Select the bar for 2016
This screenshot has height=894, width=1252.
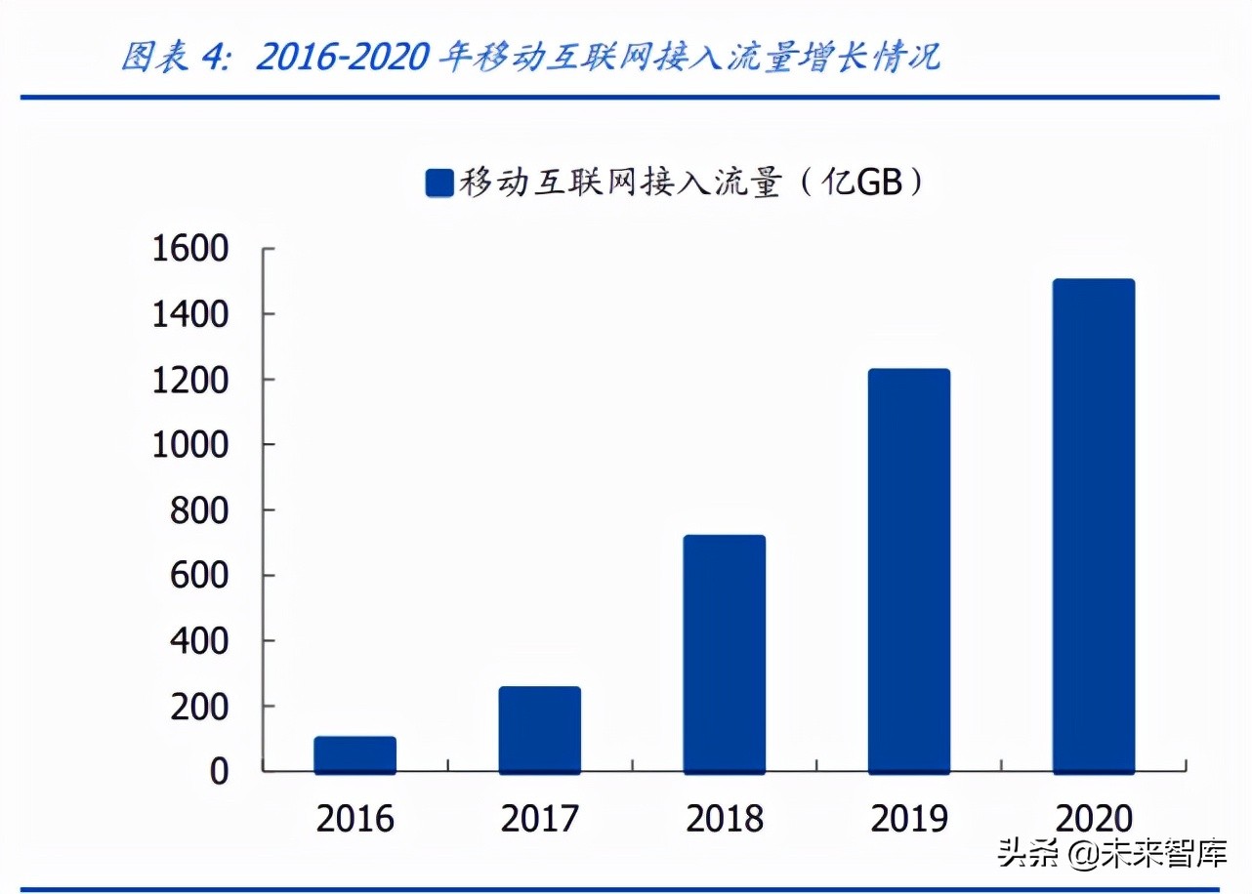tap(355, 755)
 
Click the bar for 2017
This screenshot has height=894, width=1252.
tap(540, 730)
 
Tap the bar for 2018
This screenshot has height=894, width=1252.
tap(725, 654)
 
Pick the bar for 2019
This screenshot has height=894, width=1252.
tap(909, 571)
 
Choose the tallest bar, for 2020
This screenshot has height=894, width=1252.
tap(1094, 527)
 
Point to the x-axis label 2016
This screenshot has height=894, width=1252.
tap(355, 819)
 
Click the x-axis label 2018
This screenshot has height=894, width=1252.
tap(725, 819)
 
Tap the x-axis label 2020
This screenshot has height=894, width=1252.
tap(1094, 819)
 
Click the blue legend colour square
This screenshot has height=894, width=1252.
tap(439, 183)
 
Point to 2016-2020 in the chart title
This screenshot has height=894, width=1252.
tap(342, 57)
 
